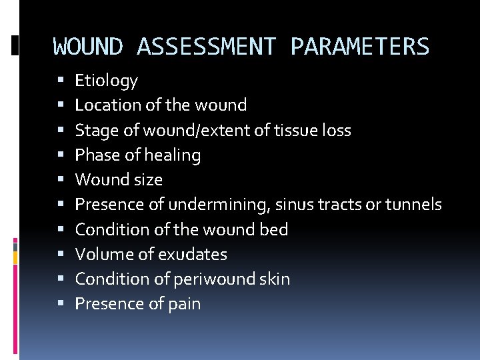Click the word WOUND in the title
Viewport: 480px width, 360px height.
pyautogui.click(x=88, y=47)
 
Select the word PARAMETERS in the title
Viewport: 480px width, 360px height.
pyautogui.click(x=360, y=47)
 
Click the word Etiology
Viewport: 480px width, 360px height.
pyautogui.click(x=106, y=81)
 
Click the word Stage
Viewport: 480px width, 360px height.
pyautogui.click(x=93, y=131)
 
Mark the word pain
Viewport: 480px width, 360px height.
pyautogui.click(x=185, y=304)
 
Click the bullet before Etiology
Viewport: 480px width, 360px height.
pyautogui.click(x=61, y=81)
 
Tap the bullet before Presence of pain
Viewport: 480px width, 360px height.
pyautogui.click(x=61, y=304)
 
